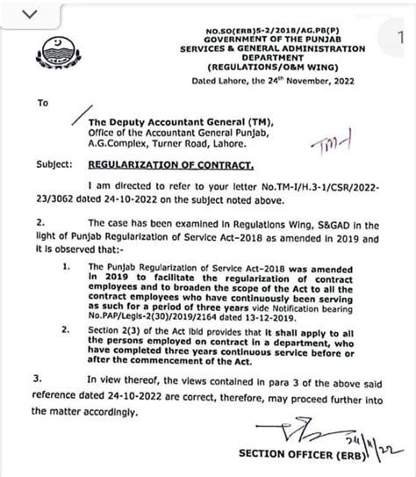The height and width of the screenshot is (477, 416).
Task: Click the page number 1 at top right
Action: pyautogui.click(x=401, y=33)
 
